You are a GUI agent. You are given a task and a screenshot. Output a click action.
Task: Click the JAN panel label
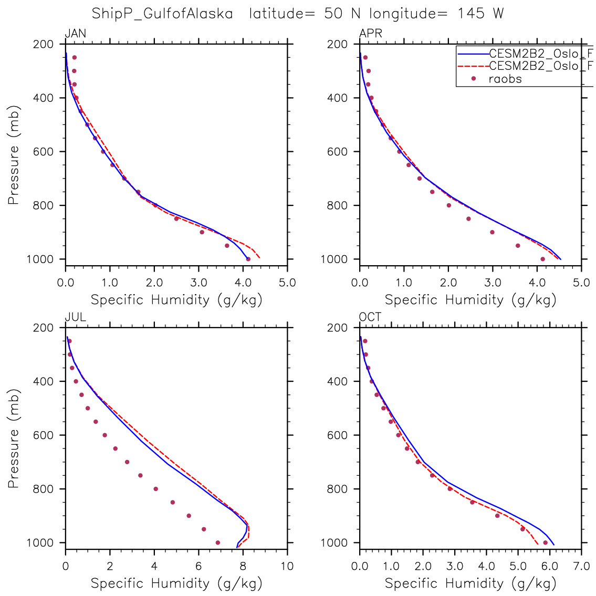(75, 34)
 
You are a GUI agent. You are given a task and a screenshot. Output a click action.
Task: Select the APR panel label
(370, 34)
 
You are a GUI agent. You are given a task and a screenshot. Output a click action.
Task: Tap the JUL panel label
(75, 318)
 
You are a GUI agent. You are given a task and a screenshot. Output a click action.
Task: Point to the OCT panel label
(370, 318)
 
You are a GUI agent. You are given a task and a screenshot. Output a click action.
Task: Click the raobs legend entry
(505, 79)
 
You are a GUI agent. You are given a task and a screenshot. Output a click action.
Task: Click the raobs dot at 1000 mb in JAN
(248, 259)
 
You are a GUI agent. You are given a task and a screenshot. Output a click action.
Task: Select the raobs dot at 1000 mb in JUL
(218, 542)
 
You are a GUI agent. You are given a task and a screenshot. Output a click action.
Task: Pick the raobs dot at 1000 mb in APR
(542, 259)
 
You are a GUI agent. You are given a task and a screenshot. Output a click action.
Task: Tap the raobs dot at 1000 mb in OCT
(545, 542)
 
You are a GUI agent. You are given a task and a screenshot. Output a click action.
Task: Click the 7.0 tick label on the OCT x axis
(581, 567)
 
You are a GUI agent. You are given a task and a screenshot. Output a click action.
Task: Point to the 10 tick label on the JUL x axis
(287, 567)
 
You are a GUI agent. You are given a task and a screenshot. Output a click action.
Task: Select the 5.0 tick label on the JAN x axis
(287, 283)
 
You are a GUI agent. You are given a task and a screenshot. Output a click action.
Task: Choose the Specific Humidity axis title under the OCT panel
(470, 583)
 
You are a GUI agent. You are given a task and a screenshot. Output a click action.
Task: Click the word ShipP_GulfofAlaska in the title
(162, 14)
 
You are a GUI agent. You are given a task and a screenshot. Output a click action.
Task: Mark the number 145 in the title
(471, 14)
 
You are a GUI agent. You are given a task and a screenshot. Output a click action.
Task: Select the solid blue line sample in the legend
(473, 53)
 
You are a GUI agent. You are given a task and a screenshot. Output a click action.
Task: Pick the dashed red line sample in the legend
(473, 66)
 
